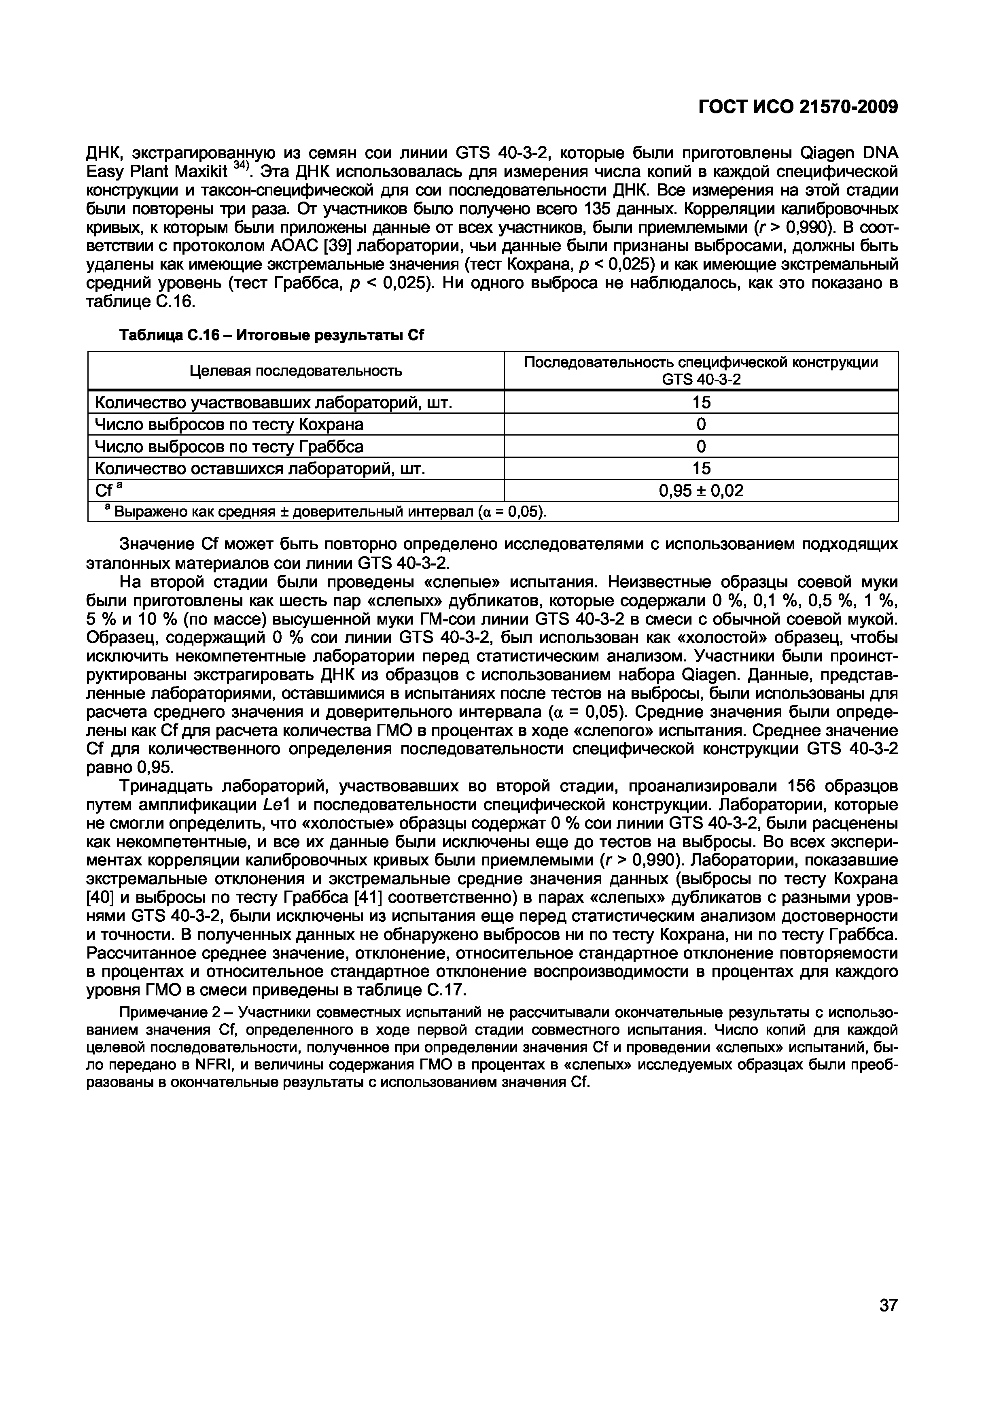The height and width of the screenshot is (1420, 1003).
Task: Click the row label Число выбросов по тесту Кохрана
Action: tap(229, 424)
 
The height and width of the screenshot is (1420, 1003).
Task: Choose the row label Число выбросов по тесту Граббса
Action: tap(229, 446)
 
